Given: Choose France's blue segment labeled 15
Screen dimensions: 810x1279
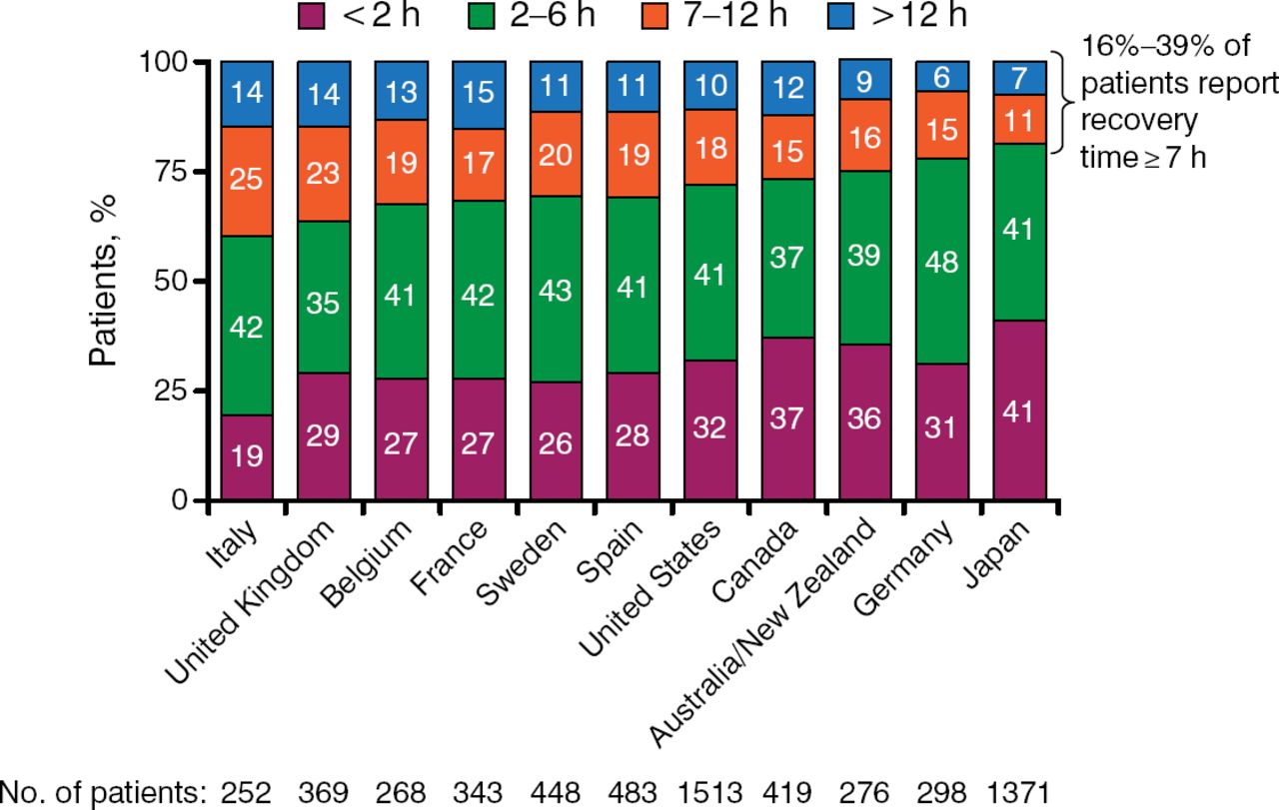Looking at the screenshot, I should tap(478, 95).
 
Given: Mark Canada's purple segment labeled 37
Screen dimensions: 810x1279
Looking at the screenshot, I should tap(787, 418).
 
